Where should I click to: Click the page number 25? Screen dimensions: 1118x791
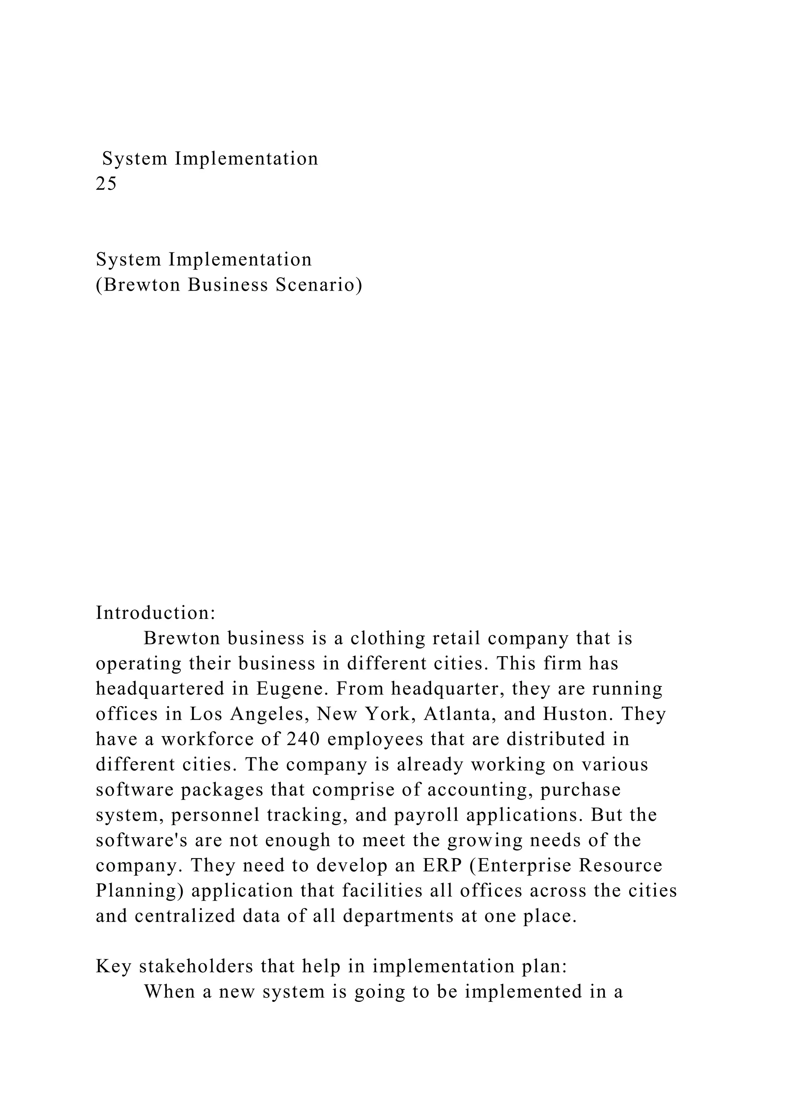pyautogui.click(x=106, y=184)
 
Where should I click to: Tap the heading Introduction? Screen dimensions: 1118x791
pyautogui.click(x=155, y=613)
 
